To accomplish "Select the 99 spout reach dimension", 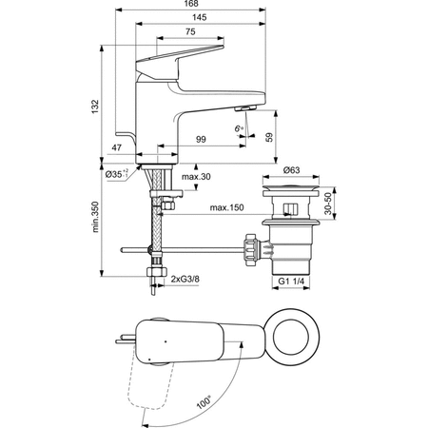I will pyautogui.click(x=202, y=140).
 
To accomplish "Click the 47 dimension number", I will pyautogui.click(x=117, y=149).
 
